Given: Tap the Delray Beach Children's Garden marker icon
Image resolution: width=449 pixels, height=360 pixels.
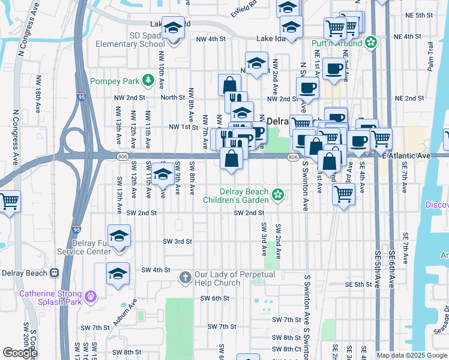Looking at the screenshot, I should click(x=277, y=194).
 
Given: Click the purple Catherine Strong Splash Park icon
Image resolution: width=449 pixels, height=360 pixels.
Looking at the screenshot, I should click(x=90, y=295).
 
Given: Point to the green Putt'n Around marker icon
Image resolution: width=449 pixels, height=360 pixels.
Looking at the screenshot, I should click(x=371, y=43).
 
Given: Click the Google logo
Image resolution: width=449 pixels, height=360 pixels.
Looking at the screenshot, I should click(x=20, y=353).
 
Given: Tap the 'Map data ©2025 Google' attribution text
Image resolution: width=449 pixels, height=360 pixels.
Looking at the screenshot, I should click(x=412, y=355).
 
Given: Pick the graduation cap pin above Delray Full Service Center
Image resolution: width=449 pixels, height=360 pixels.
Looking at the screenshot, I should click(x=119, y=236).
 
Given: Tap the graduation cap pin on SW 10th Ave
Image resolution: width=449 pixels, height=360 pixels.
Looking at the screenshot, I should click(x=163, y=175).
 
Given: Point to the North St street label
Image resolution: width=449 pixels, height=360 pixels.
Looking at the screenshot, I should click(x=172, y=97).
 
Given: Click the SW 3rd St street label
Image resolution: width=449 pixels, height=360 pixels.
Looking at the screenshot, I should click(x=177, y=241).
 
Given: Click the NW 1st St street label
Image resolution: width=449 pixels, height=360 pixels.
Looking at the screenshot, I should click(x=184, y=127).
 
